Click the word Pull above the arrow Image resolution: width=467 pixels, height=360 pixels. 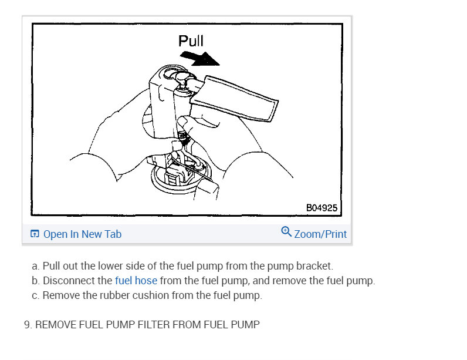click(191, 41)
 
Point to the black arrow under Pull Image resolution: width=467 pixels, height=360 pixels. click(200, 58)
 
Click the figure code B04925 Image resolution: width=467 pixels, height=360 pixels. click(322, 208)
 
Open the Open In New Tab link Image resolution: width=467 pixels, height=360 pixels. click(82, 234)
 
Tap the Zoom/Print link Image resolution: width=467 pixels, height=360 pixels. click(320, 234)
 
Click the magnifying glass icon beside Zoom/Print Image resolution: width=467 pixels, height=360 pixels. click(286, 231)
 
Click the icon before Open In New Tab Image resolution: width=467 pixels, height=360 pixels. click(35, 234)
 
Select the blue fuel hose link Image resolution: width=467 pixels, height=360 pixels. click(136, 281)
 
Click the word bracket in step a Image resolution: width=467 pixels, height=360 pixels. click(314, 266)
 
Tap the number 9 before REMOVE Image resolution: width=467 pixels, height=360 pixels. click(28, 325)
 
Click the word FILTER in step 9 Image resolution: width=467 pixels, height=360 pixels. click(154, 325)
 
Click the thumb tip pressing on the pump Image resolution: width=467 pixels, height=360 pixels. click(183, 122)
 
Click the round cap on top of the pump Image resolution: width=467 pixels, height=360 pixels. click(182, 77)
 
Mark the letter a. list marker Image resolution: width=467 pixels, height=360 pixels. click(35, 266)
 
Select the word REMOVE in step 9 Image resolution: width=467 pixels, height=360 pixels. click(56, 325)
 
